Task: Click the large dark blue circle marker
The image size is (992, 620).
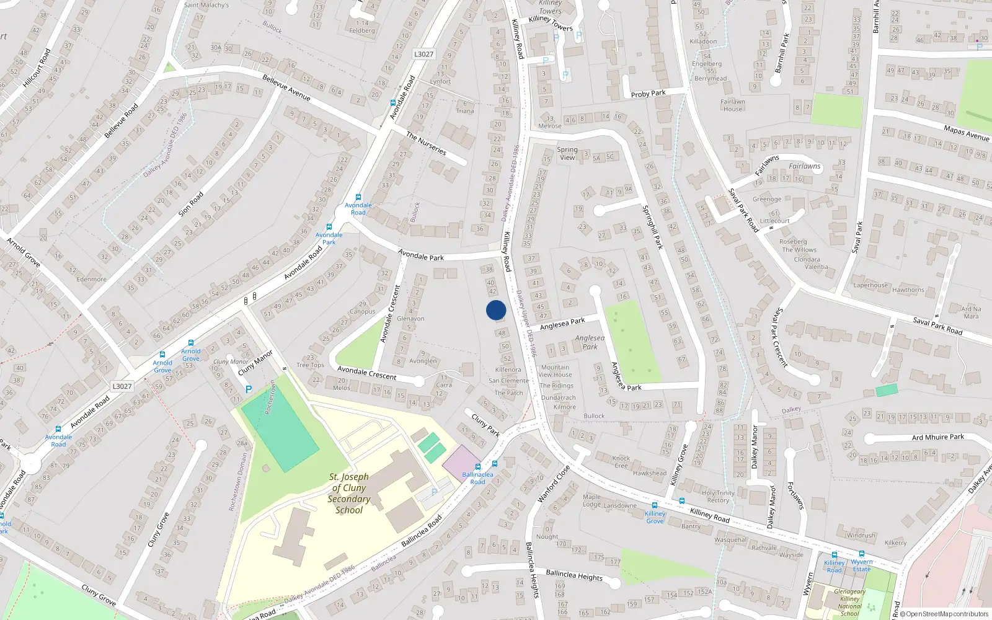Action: click(496, 310)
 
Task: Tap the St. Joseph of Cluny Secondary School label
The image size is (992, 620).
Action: click(349, 494)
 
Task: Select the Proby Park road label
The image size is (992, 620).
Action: click(648, 94)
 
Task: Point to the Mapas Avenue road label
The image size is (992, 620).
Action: click(966, 133)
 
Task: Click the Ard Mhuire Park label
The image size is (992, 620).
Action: click(937, 437)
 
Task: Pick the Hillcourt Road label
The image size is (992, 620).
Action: click(37, 68)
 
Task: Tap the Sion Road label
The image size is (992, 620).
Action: click(191, 204)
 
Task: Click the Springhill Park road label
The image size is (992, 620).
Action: click(652, 227)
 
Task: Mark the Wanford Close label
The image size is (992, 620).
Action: click(554, 484)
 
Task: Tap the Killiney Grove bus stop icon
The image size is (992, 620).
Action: click(655, 505)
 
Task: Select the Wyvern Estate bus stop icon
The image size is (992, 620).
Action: click(861, 554)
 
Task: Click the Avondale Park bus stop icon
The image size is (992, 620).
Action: click(329, 227)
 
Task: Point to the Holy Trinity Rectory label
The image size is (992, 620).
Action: click(718, 497)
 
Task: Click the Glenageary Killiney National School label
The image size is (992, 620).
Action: click(849, 603)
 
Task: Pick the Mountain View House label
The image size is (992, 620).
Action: click(555, 371)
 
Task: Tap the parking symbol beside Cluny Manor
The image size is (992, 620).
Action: click(249, 389)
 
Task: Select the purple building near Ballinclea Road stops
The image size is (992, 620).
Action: click(461, 461)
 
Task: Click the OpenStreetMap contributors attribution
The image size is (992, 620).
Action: click(944, 614)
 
